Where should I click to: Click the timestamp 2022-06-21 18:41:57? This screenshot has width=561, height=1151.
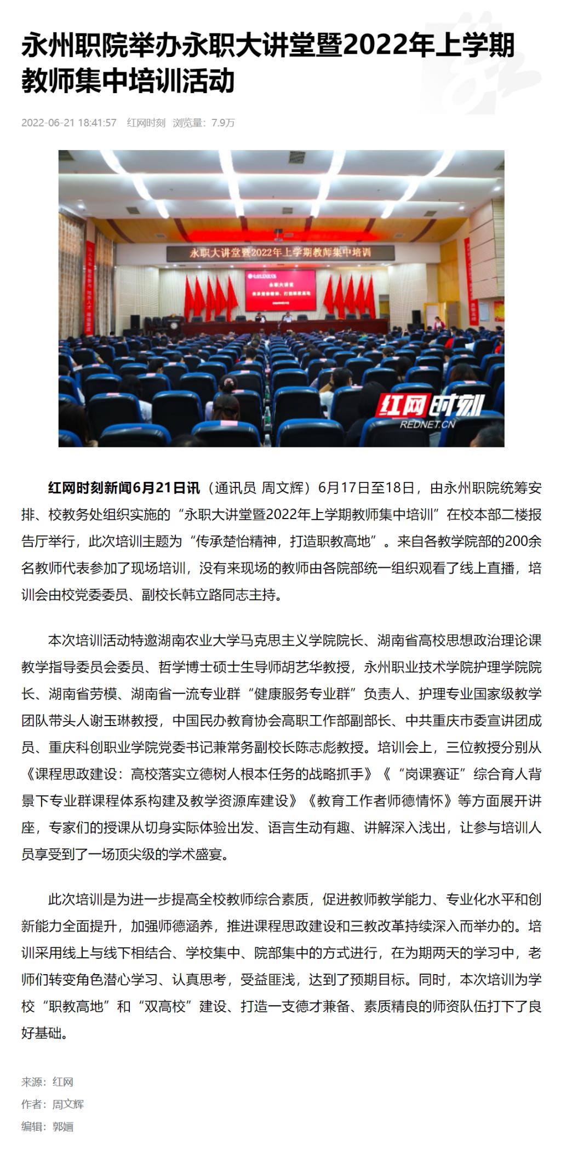tap(69, 123)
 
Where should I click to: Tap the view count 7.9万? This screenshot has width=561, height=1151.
tap(223, 123)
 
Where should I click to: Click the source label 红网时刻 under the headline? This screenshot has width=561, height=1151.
tap(146, 123)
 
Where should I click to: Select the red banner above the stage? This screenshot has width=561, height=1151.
tap(280, 252)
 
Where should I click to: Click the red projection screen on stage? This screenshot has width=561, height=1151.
tap(280, 291)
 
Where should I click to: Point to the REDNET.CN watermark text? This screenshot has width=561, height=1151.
tap(427, 424)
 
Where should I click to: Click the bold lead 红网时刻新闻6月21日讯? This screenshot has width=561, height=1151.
tap(124, 487)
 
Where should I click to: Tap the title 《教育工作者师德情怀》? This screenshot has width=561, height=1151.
tap(379, 801)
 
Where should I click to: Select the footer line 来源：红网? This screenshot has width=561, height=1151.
tap(47, 1082)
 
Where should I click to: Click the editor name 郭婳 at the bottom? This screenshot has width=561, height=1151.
tap(63, 1126)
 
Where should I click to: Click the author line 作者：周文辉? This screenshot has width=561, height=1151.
tap(53, 1104)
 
